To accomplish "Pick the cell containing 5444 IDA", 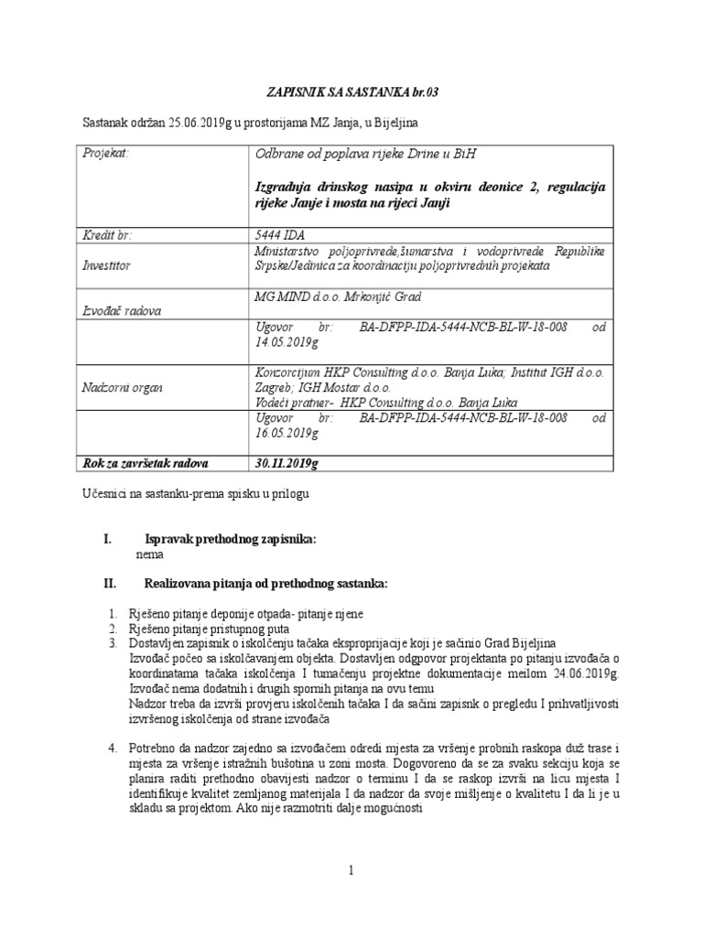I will (280, 235).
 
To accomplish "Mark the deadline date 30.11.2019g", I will (287, 463).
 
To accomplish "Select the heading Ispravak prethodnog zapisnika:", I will (231, 540).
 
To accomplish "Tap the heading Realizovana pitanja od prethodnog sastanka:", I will (266, 583).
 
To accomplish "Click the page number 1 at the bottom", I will (351, 870).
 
